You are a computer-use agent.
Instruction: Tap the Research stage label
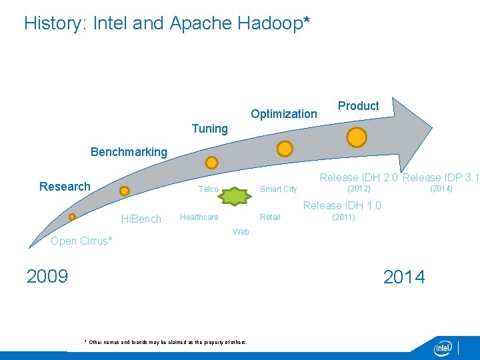[65, 187]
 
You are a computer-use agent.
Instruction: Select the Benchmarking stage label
[129, 152]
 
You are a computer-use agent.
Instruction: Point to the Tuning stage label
[210, 129]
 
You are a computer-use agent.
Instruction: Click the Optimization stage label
[284, 114]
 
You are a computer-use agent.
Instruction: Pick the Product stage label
[359, 106]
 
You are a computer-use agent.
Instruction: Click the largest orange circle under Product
[357, 137]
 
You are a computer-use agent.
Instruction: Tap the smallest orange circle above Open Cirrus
[72, 217]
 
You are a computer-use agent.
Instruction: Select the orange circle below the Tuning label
[211, 163]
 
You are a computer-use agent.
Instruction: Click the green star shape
[235, 196]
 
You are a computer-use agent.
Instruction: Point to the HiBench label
[141, 219]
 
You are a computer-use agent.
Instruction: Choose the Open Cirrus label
[81, 241]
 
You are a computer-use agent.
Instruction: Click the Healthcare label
[199, 217]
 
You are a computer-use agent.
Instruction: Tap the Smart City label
[278, 189]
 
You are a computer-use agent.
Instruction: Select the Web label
[241, 232]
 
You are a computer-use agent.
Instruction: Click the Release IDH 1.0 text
[342, 205]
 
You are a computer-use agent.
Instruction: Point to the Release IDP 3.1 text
[441, 177]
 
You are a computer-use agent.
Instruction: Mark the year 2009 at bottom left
[47, 276]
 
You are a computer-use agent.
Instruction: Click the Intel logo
[443, 348]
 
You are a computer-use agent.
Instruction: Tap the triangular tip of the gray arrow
[432, 128]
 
